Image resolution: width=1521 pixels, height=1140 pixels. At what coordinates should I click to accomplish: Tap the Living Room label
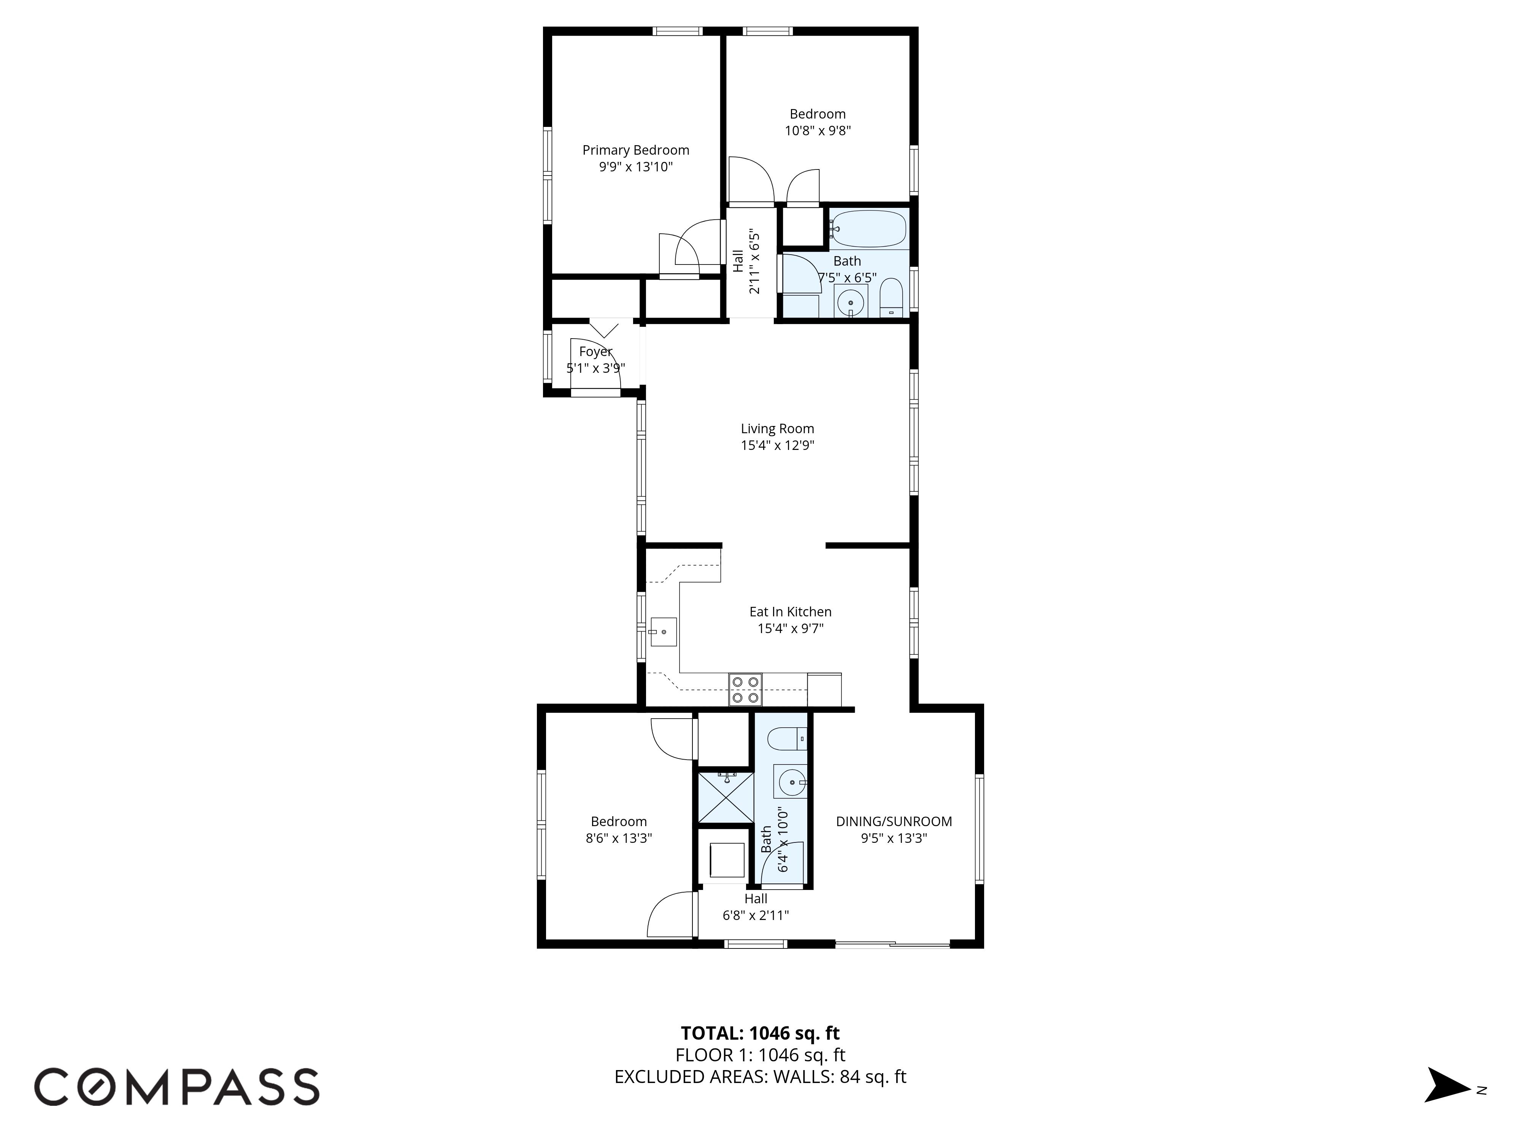coord(777,429)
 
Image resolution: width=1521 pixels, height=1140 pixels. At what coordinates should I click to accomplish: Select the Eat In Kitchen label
coord(790,611)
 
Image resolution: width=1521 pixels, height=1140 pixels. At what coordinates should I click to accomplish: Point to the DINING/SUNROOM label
coord(894,821)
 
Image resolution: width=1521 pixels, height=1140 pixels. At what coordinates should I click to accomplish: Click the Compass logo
coord(177,1086)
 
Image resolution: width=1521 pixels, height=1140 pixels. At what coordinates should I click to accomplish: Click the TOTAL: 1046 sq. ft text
coord(760,1033)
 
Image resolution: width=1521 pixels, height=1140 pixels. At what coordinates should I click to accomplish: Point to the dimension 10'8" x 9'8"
coord(818,131)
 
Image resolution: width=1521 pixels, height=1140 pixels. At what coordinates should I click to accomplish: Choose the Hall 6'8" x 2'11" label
coord(756,907)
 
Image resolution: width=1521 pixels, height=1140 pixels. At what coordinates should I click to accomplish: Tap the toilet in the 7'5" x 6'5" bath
coord(891,298)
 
